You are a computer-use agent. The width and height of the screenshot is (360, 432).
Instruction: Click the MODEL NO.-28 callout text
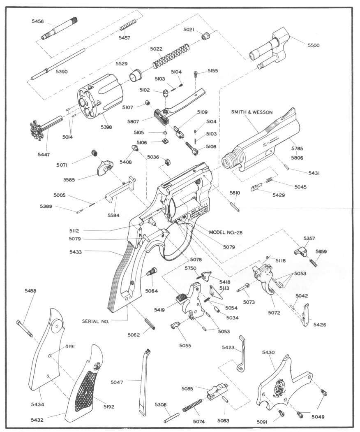[x=226, y=232]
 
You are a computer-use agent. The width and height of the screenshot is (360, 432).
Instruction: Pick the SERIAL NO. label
[x=95, y=321]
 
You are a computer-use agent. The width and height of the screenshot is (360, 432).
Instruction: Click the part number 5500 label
[x=311, y=45]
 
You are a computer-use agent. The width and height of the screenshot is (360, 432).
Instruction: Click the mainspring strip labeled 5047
[x=142, y=382]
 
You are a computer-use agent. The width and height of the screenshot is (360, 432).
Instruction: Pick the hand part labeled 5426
[x=306, y=314]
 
